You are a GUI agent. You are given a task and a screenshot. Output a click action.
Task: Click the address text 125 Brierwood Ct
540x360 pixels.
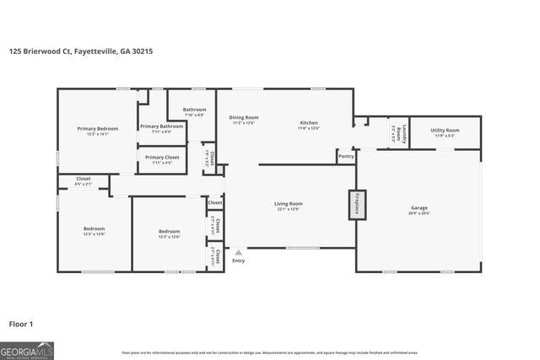[80, 51]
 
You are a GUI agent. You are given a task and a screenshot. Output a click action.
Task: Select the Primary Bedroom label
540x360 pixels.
[98, 129]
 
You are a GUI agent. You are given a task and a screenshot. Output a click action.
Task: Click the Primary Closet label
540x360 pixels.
[161, 158]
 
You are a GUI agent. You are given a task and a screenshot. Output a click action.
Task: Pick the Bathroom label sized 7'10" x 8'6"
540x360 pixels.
[195, 110]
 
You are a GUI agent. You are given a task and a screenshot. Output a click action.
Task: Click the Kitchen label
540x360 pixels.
[309, 124]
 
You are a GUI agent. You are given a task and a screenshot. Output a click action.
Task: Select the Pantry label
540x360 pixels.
[346, 156]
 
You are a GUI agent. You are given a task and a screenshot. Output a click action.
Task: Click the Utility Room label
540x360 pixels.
[445, 132]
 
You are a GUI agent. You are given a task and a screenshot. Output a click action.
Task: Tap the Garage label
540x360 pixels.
[419, 208]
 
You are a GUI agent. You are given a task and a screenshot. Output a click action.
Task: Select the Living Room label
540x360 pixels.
[289, 205]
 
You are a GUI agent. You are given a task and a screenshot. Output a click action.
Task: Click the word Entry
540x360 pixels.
[239, 261]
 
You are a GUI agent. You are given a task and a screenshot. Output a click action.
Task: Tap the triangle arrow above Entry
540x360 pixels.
[239, 252]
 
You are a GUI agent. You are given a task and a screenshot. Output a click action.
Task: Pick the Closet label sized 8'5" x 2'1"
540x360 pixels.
[84, 180]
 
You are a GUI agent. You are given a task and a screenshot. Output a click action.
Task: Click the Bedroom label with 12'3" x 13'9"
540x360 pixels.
[94, 230]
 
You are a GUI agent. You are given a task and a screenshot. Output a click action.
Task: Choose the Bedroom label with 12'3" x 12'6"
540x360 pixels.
[170, 233]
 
